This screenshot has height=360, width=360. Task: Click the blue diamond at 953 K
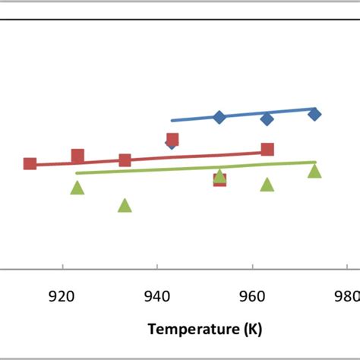219,117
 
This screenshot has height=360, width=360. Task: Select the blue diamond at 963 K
267,119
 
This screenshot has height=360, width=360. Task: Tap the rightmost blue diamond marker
314,114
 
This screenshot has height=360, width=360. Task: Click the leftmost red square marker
30,163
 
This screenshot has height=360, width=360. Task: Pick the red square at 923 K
77,156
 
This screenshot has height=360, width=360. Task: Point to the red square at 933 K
125,159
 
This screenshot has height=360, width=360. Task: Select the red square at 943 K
172,139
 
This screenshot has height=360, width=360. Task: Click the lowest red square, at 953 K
219,180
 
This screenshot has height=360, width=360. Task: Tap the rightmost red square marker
267,149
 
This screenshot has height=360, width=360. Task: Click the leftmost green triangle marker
77,188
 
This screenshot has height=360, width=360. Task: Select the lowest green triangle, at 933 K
125,205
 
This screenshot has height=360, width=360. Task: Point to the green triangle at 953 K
219,175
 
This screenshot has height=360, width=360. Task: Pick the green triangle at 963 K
267,185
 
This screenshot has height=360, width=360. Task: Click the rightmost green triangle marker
314,171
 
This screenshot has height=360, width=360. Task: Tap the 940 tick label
157,295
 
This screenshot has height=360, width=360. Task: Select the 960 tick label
252,295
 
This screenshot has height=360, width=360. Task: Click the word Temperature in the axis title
194,329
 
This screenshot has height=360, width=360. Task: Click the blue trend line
243,114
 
